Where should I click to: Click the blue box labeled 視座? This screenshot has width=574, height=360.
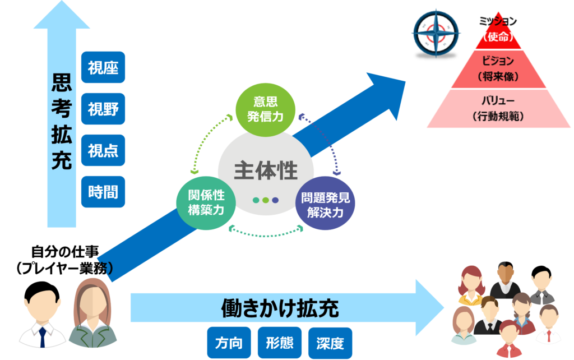point(103,67)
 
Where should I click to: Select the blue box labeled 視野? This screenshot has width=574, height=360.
point(103,109)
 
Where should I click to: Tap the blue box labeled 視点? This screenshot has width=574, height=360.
point(103,150)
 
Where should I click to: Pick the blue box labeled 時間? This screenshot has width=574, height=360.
point(103,192)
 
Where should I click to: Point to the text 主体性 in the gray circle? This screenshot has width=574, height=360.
point(266,170)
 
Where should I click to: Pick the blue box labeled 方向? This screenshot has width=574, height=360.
point(229,343)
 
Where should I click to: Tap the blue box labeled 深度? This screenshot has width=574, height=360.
point(330,343)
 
